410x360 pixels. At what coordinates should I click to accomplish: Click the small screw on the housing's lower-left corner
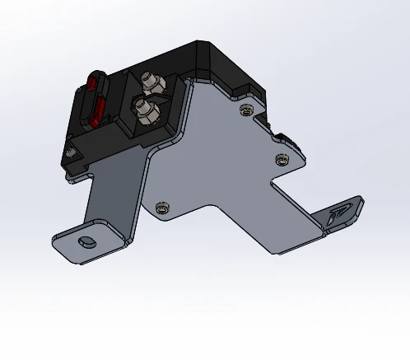pyautogui.click(x=72, y=152)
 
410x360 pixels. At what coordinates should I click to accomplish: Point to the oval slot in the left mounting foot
pyautogui.click(x=85, y=242)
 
